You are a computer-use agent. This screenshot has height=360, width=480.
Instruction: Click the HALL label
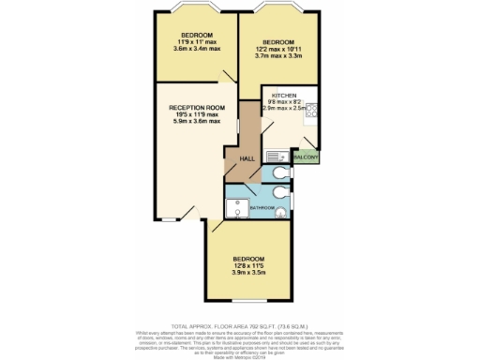tap(247, 158)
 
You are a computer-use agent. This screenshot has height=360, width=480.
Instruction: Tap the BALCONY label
tap(306, 157)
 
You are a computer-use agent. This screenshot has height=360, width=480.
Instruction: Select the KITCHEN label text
tap(284, 96)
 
